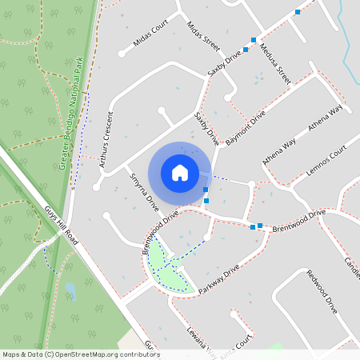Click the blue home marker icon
pyautogui.click(x=180, y=172)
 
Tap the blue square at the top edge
pyautogui.click(x=298, y=11)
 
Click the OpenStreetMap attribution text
pyautogui.click(x=81, y=354)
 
